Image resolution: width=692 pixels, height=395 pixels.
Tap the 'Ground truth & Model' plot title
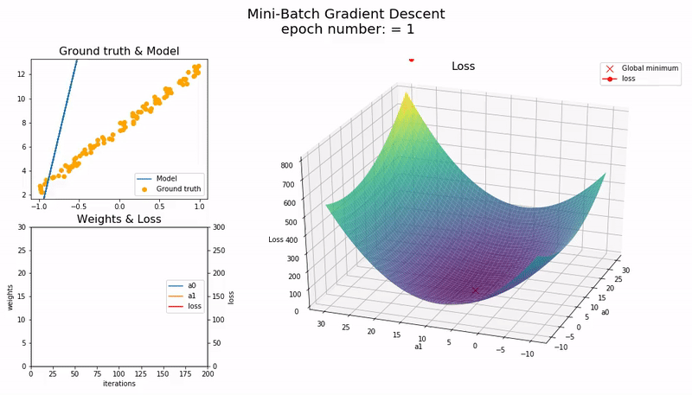click(x=119, y=52)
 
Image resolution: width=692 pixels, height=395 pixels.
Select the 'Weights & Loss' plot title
click(x=119, y=220)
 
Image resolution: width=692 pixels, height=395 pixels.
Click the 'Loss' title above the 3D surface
click(x=463, y=67)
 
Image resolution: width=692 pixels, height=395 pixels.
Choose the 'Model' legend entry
click(x=166, y=178)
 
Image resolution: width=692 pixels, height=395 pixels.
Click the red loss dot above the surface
click(x=411, y=60)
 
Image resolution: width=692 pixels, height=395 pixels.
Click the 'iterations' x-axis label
click(x=119, y=383)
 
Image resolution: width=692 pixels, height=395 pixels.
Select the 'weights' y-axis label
click(x=10, y=296)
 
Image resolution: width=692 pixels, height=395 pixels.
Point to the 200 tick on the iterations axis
click(x=208, y=373)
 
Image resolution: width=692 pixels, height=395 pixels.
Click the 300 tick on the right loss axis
click(x=220, y=228)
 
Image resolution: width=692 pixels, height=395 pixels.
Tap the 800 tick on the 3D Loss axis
click(x=292, y=163)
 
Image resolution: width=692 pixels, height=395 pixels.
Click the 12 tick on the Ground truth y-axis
click(x=22, y=74)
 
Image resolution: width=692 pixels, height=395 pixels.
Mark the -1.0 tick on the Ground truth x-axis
click(x=39, y=207)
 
